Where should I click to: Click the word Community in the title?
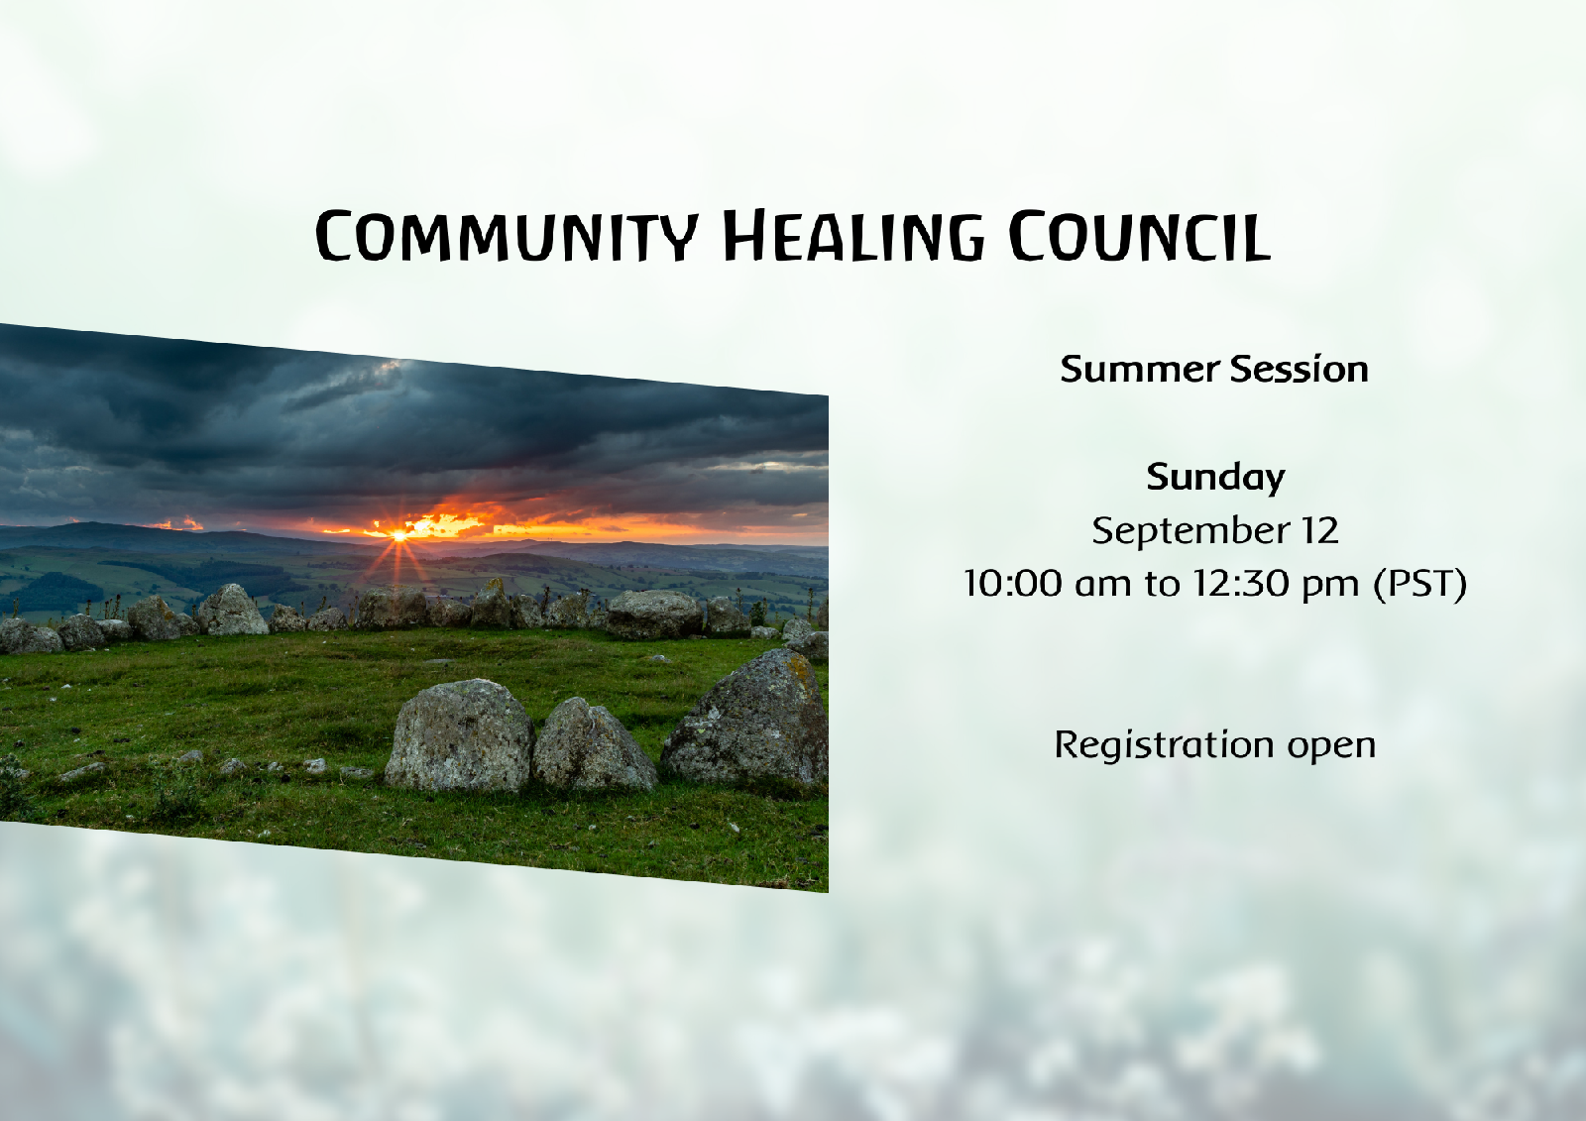coord(507,235)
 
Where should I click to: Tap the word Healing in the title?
coord(853,235)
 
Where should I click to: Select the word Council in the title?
coord(1139,235)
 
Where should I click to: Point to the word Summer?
coord(1139,369)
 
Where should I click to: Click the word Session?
coord(1300,369)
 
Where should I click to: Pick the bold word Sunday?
coord(1215,478)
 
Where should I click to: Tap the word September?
coord(1190,531)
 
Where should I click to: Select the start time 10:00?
coord(1013,584)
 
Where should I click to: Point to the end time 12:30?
coord(1240,584)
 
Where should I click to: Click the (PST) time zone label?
coord(1419,584)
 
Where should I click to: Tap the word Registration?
coord(1164,745)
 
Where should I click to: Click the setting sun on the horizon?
coord(400,535)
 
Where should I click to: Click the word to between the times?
coord(1163,584)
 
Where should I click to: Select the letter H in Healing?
coord(744,235)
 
